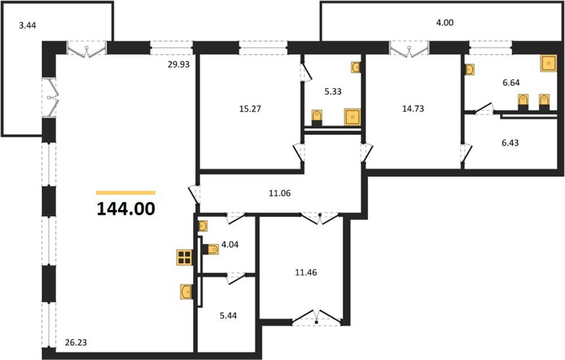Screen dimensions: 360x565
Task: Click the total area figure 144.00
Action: (x=126, y=209)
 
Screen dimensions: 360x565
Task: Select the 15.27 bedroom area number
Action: (x=232, y=108)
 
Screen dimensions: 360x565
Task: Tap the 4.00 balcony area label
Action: (x=444, y=23)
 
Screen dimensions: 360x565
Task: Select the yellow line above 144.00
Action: (x=126, y=192)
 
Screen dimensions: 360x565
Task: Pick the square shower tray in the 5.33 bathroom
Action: (x=352, y=117)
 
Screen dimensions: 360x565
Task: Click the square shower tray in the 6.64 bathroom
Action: (x=549, y=63)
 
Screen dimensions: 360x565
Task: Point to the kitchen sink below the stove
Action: (x=186, y=292)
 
